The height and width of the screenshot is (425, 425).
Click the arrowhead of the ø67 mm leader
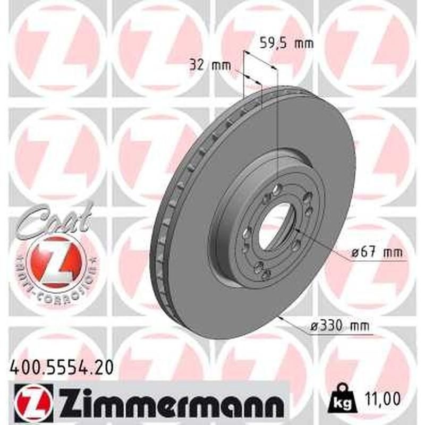pos(296,230)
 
